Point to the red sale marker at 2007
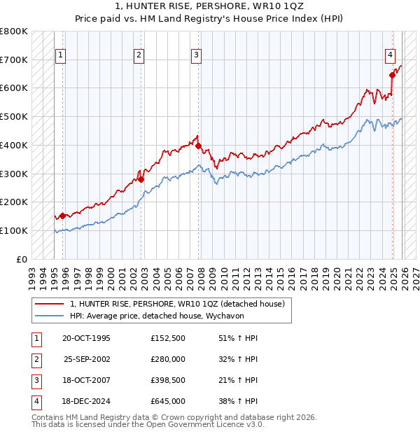(x=198, y=146)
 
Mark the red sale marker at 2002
(x=141, y=179)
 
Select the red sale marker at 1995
(x=63, y=216)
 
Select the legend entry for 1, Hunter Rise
(x=176, y=304)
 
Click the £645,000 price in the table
(x=168, y=401)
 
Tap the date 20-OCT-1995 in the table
(x=86, y=338)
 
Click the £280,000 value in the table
(x=168, y=359)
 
